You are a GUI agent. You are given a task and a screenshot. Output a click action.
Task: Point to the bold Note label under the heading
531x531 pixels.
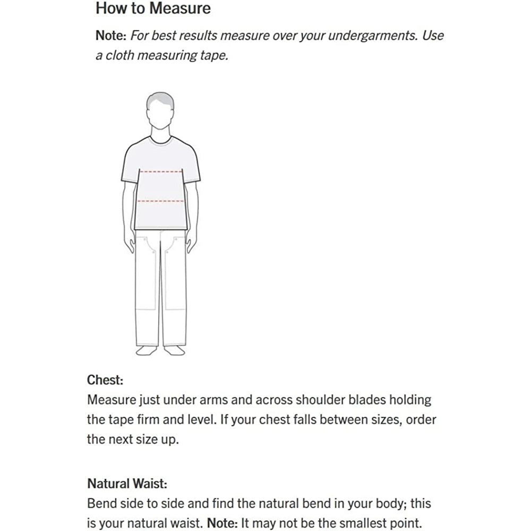pos(110,36)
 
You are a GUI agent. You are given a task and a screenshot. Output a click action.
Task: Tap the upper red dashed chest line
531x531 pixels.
pos(161,172)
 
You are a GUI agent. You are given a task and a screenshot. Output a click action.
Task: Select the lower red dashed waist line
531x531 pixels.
pos(161,201)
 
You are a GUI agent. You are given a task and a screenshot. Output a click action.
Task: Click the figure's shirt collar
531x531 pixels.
pos(161,140)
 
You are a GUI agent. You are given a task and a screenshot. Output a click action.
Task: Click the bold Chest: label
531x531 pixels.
pos(105,380)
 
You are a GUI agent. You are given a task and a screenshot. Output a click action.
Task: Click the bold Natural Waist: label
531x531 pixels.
pos(127,484)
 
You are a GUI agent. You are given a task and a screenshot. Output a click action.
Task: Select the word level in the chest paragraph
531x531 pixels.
pos(195,420)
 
